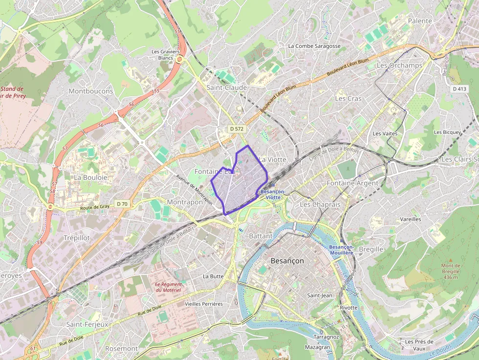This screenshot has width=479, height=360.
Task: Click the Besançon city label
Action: pyautogui.click(x=287, y=261)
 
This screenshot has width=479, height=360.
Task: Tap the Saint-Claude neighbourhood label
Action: pyautogui.click(x=226, y=87)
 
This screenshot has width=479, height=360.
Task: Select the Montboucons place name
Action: pyautogui.click(x=91, y=91)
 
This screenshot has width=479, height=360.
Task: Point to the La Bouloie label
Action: pyautogui.click(x=90, y=177)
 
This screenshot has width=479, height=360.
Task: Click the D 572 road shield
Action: pyautogui.click(x=237, y=129)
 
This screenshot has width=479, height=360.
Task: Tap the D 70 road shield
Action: pyautogui.click(x=122, y=203)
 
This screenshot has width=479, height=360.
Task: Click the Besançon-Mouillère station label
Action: pyautogui.click(x=341, y=250)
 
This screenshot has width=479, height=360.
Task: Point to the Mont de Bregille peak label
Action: pyautogui.click(x=450, y=271)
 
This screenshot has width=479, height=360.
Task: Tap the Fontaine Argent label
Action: pyautogui.click(x=352, y=183)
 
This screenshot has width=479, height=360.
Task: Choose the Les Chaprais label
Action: pyautogui.click(x=320, y=204)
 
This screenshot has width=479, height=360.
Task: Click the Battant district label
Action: pyautogui.click(x=261, y=236)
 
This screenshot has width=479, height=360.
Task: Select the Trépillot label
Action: pyautogui.click(x=77, y=237)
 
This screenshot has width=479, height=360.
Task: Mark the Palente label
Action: pyautogui.click(x=420, y=21)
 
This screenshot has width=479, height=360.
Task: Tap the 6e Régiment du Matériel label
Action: pyautogui.click(x=168, y=287)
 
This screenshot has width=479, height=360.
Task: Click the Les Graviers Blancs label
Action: pyautogui.click(x=166, y=54)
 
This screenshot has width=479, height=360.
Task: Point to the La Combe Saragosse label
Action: pyautogui.click(x=314, y=46)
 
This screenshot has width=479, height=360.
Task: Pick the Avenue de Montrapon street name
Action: pyautogui.click(x=194, y=190)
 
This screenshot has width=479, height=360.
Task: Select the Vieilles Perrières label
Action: pyautogui.click(x=204, y=304)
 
